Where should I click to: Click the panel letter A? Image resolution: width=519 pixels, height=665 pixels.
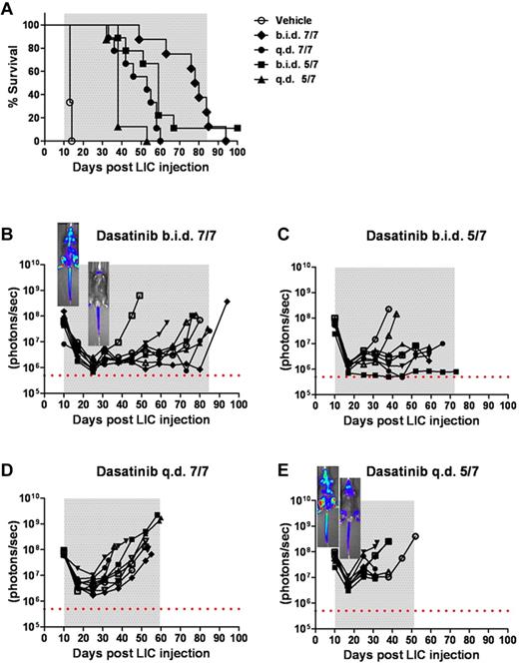pos(9,9)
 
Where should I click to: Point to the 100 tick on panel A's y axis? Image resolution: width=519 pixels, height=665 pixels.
pos(28,24)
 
